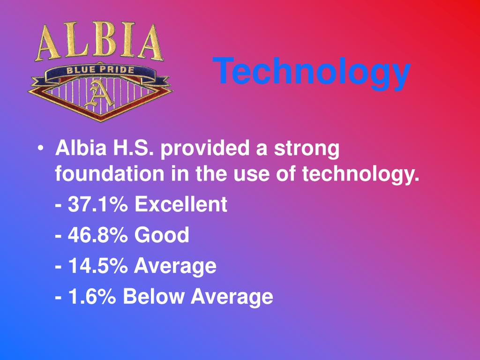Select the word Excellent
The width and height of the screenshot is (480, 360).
(x=181, y=205)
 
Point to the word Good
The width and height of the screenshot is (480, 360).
(x=162, y=235)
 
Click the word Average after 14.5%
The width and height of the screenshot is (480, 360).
(x=175, y=266)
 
